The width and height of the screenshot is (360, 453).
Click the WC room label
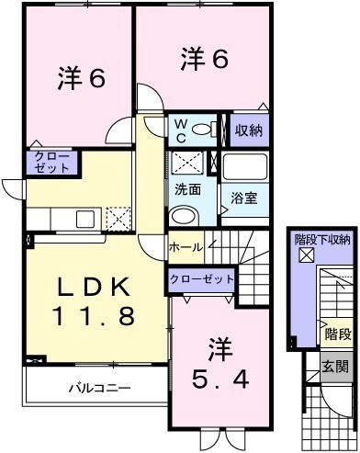pos(181,131)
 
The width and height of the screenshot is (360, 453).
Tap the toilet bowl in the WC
pos(202,130)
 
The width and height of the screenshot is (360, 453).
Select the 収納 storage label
pos(249,130)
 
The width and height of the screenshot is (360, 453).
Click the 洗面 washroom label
pos(188,190)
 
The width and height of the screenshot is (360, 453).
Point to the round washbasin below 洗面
pos(184,216)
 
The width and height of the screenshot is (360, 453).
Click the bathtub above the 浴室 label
pos(245,166)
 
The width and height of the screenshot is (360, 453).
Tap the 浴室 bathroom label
pos(244,198)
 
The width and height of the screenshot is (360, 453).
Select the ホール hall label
pos(186,247)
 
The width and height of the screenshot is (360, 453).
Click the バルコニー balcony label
pos(100,389)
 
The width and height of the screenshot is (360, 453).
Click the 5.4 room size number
pos(220,379)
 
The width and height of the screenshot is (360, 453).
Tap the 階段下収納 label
pos(322,240)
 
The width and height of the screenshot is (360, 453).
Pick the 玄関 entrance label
pos(335,367)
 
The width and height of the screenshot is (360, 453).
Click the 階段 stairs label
pos(338,334)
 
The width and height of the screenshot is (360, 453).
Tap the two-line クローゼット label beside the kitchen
pos(52,163)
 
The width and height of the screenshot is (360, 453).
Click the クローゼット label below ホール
pos(202,279)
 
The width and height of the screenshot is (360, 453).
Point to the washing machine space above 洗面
pos(187,163)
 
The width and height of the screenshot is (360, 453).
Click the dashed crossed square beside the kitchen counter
pos(118,219)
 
